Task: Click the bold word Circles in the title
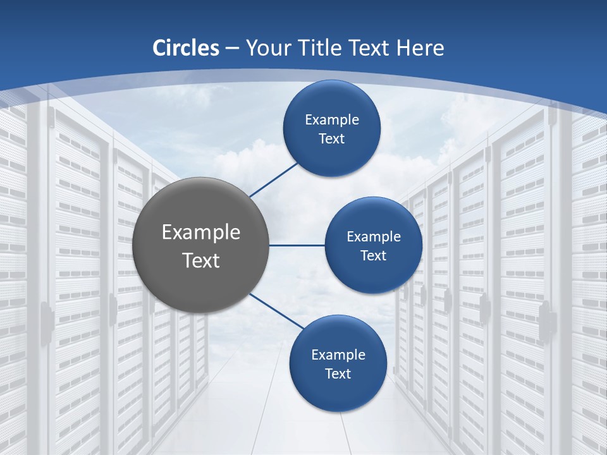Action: click(x=186, y=48)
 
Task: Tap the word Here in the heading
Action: click(x=420, y=48)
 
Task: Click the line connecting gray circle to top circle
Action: click(x=274, y=179)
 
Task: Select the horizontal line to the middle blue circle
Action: click(x=297, y=245)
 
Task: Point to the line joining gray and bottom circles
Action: click(x=276, y=312)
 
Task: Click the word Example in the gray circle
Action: click(x=201, y=233)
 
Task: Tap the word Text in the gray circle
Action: click(x=201, y=260)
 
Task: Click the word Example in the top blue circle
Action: click(x=332, y=119)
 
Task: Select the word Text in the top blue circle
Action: click(x=332, y=138)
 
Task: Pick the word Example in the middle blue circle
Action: click(x=374, y=236)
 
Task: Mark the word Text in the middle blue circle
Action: click(x=374, y=255)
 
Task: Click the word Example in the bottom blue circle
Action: click(x=338, y=355)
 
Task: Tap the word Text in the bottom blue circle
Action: click(x=338, y=373)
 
